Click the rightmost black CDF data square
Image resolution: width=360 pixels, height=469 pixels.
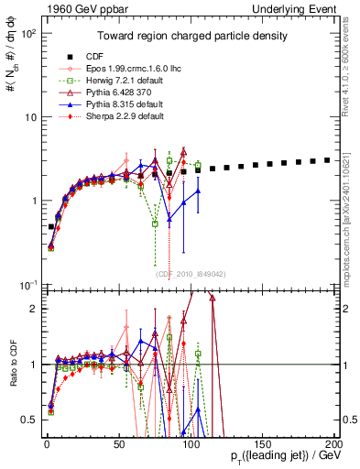coord(328,159)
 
